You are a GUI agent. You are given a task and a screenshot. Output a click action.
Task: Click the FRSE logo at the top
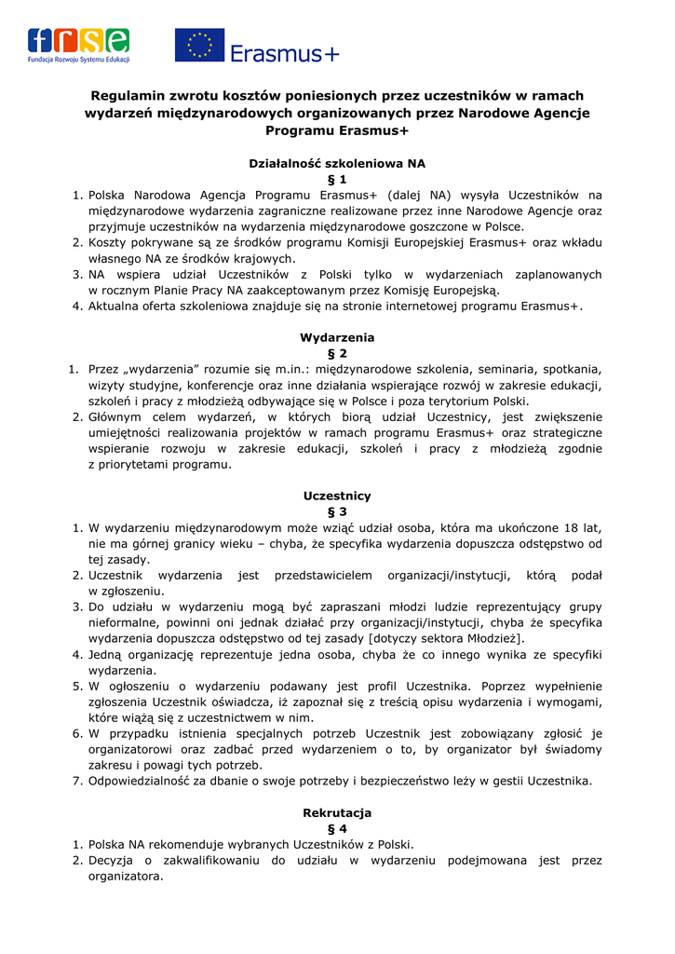click(x=78, y=45)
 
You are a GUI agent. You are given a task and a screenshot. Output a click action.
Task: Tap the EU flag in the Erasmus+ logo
click(x=199, y=45)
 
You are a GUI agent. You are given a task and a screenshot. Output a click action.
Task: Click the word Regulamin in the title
click(x=128, y=95)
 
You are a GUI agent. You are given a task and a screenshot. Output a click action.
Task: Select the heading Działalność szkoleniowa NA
click(x=337, y=163)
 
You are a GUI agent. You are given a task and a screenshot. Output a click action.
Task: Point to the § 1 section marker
click(x=337, y=179)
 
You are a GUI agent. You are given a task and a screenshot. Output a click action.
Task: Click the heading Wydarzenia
click(x=337, y=337)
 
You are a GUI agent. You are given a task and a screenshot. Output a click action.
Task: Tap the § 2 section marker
click(x=337, y=353)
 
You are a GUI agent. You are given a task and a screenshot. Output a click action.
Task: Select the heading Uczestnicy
click(x=337, y=496)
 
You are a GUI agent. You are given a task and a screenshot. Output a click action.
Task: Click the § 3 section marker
click(x=337, y=511)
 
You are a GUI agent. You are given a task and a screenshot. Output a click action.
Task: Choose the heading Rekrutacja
click(x=337, y=812)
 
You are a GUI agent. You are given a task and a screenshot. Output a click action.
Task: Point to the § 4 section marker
click(x=337, y=828)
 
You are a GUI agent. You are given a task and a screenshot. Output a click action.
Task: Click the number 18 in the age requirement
click(x=553, y=528)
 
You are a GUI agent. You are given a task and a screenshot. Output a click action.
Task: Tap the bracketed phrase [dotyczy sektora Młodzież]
click(x=447, y=638)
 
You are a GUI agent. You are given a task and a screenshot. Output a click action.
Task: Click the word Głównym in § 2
click(x=117, y=416)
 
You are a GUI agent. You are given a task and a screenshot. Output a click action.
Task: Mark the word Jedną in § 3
click(x=108, y=654)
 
